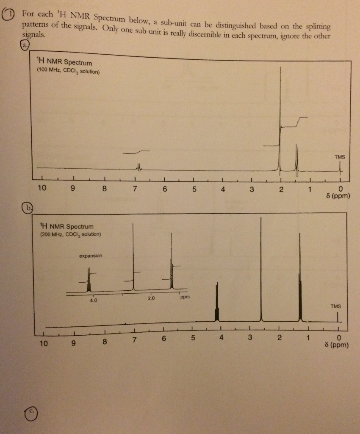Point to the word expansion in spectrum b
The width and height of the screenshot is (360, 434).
(90, 256)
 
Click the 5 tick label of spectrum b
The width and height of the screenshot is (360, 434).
(193, 339)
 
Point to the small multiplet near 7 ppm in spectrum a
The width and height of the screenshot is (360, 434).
(138, 168)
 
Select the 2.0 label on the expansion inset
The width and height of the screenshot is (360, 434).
(151, 298)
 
